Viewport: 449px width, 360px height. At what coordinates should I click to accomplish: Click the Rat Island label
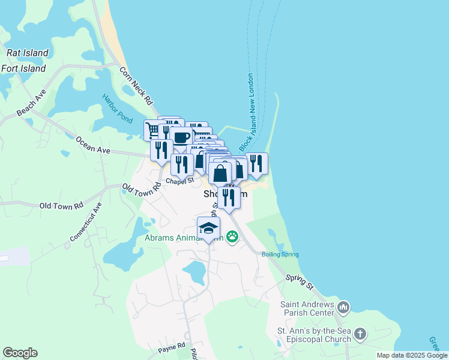28,53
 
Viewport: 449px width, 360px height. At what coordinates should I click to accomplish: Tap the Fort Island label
23,68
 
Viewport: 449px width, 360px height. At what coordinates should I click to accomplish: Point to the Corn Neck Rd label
136,86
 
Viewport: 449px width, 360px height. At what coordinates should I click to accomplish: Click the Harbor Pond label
117,109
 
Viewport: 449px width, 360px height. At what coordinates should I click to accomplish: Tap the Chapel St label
180,180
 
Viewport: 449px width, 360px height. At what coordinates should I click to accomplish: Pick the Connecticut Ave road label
86,221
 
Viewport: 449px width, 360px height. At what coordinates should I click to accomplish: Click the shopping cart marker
152,129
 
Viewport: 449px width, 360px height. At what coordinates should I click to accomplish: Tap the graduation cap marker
209,227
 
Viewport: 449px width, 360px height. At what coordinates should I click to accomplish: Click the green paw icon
232,238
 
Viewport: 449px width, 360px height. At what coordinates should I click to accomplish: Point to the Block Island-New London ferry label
246,112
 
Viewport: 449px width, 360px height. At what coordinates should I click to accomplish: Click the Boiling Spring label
280,254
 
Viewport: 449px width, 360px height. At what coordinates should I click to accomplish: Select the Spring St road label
300,280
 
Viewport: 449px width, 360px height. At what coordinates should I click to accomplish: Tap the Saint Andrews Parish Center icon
343,308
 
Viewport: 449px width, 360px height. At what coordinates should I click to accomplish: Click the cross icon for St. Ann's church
360,334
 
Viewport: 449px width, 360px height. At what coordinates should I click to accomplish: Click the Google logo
20,353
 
